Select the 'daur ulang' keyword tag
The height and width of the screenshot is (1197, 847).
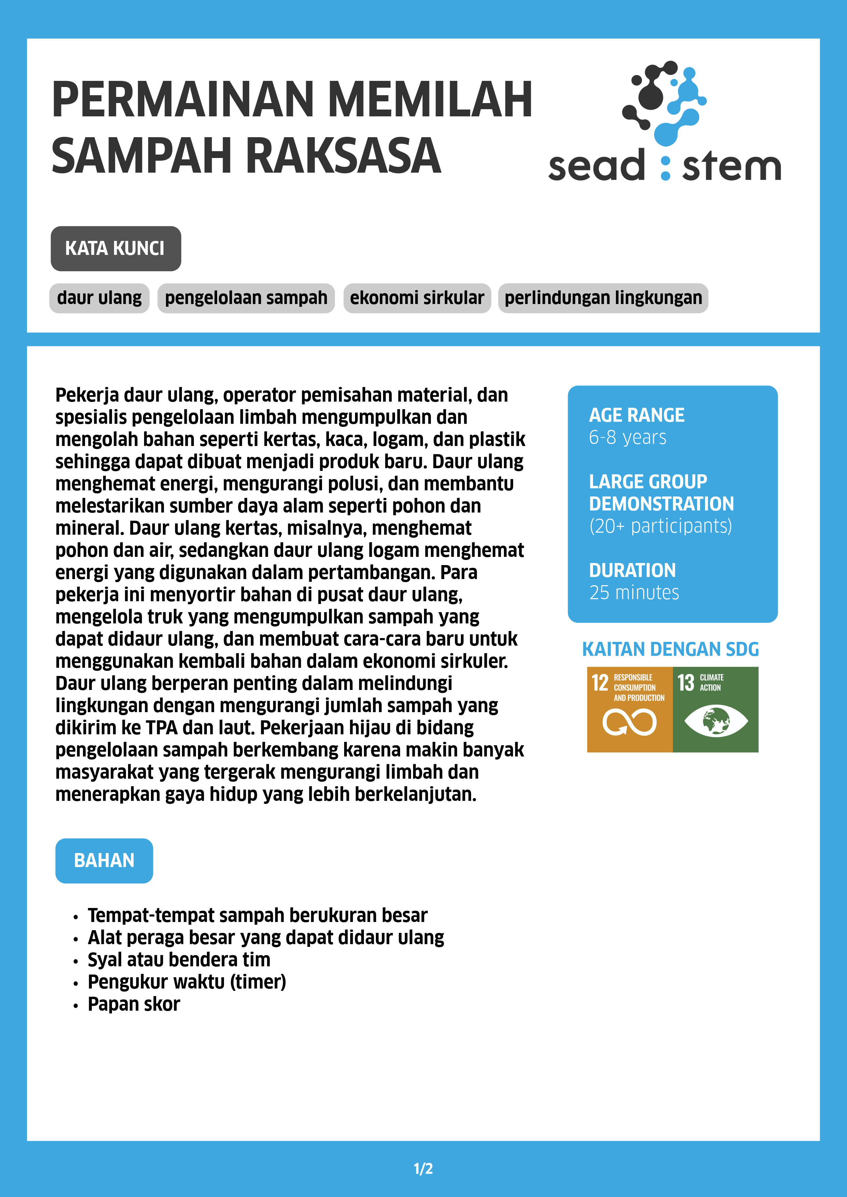(99, 298)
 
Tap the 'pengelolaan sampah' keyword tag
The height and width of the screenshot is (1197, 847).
(246, 298)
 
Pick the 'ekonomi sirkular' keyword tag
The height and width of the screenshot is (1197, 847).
(417, 298)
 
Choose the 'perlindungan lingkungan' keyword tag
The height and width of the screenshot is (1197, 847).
(603, 298)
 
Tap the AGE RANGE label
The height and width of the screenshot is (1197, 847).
(636, 416)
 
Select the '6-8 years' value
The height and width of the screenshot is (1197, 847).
(627, 437)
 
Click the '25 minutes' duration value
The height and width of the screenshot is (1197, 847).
(634, 593)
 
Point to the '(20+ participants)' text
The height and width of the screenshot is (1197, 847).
(660, 526)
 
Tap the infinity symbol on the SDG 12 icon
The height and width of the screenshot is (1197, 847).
(629, 723)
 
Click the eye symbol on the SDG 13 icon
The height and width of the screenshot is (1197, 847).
(716, 721)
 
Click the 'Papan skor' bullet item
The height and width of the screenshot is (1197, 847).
(133, 1004)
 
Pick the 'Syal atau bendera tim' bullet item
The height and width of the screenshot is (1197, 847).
(178, 960)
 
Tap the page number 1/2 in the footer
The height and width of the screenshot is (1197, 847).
(423, 1168)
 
